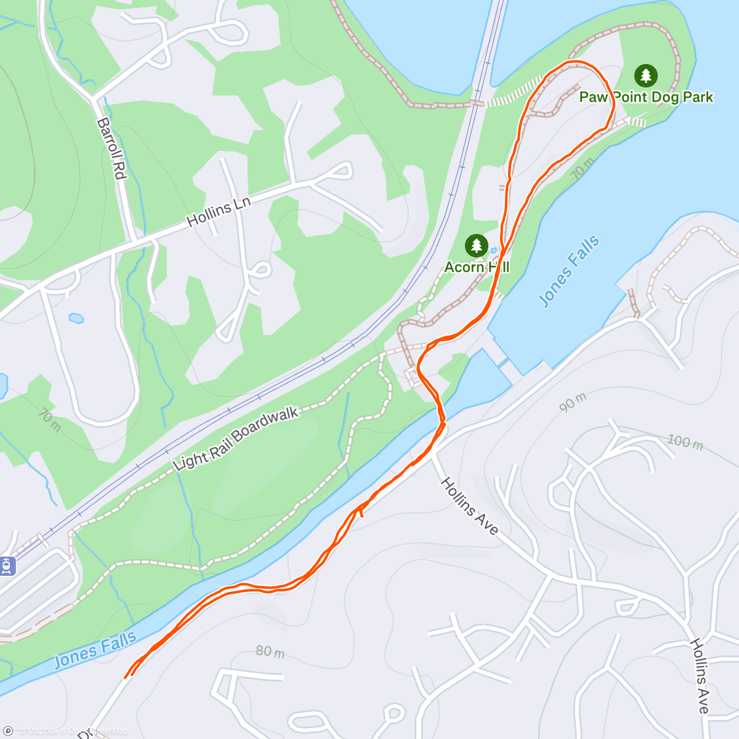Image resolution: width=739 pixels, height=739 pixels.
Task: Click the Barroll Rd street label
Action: (111, 148)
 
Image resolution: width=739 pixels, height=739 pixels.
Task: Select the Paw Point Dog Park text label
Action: (646, 97)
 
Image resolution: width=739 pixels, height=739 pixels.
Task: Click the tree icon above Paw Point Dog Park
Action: (645, 76)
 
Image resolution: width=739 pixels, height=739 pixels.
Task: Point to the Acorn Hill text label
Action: (477, 267)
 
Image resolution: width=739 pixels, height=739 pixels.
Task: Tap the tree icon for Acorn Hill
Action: (476, 245)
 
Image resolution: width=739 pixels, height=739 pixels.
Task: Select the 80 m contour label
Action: (270, 651)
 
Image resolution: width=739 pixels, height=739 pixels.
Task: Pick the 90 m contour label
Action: (573, 402)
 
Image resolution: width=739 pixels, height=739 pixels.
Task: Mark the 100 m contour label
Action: (685, 442)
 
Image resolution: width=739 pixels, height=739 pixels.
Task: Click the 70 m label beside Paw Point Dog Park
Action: (582, 169)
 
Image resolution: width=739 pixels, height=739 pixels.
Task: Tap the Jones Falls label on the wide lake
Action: (569, 271)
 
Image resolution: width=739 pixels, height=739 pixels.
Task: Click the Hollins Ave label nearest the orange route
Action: (469, 506)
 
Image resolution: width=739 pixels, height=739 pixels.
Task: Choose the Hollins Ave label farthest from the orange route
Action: (700, 676)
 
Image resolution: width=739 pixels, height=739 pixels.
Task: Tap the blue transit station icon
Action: (7, 565)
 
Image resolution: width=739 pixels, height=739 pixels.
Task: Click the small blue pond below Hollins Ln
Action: (76, 318)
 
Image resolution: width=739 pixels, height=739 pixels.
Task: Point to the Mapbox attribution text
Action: (42, 731)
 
